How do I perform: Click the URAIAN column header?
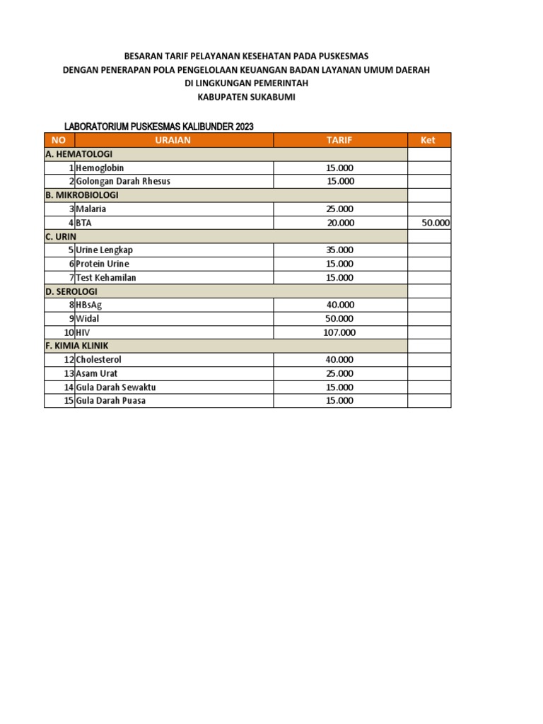coord(173,140)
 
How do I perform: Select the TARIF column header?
coord(339,140)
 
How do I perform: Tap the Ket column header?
coord(428,140)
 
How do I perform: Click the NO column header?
coord(59,140)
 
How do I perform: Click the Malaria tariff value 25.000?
coord(340,209)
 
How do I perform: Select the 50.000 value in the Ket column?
coord(436,223)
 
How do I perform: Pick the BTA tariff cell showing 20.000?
coord(340,223)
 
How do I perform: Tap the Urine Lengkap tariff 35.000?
coord(340,250)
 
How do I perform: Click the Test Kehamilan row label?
coord(106,277)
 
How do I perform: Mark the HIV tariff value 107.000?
coord(340,332)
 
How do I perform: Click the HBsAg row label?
coord(89,305)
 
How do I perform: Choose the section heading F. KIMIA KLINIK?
coord(80,346)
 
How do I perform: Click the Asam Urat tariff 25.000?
coord(340,373)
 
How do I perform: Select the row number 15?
coord(69,401)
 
